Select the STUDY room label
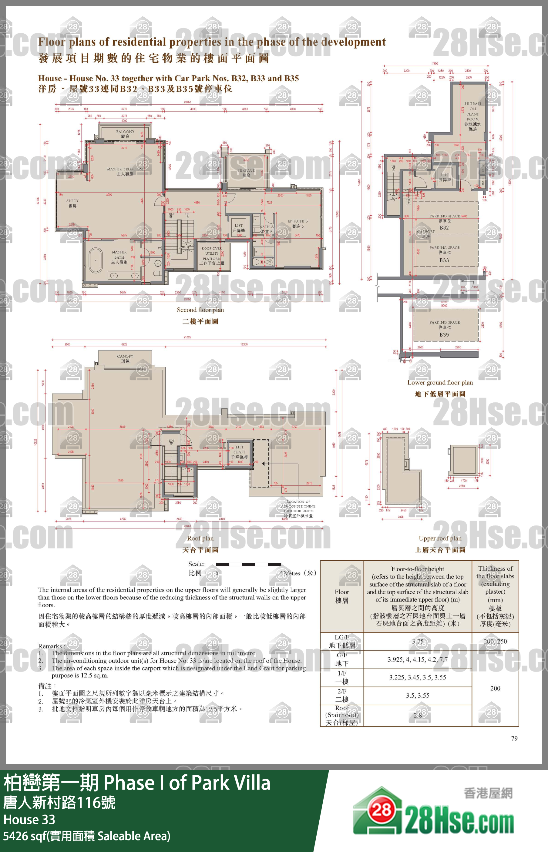click(x=72, y=203)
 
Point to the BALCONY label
click(x=125, y=134)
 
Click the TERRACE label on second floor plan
click(x=246, y=173)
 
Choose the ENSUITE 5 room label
click(x=298, y=223)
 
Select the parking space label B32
click(x=444, y=228)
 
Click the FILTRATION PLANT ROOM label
click(x=472, y=116)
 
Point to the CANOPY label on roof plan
click(x=125, y=358)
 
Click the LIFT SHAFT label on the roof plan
click(x=239, y=452)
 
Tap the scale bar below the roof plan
click(x=248, y=564)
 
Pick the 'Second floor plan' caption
click(x=200, y=310)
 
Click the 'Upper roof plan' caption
click(x=440, y=538)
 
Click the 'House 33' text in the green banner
click(x=29, y=819)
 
